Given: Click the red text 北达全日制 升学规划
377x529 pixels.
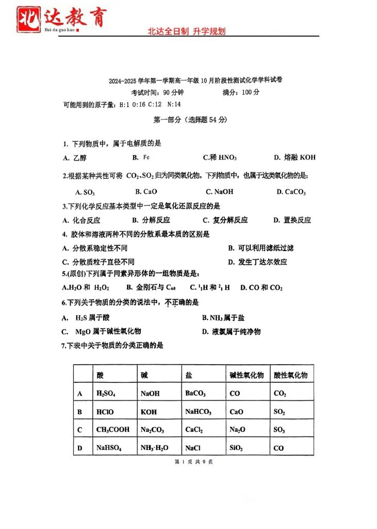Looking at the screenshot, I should coord(187,31).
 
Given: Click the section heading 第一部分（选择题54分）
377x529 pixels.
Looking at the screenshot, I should coord(190,119).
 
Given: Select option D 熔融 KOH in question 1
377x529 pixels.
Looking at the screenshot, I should coord(294,157).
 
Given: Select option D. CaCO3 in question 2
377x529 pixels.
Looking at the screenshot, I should coord(291,192).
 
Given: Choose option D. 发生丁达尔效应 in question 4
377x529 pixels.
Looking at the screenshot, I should coord(257,262).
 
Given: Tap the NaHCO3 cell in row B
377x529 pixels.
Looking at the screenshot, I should coord(198,412).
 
